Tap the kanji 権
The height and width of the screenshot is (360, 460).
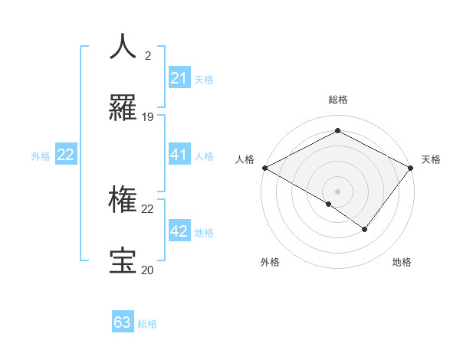(x=123, y=199)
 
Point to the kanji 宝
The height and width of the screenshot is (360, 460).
(x=123, y=260)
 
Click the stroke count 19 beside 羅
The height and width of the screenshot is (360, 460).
(x=148, y=117)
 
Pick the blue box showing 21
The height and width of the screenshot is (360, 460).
(x=179, y=78)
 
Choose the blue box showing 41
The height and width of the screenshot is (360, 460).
(x=179, y=155)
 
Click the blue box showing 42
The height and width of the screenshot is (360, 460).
(x=179, y=232)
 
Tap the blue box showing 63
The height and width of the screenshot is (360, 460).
(x=123, y=322)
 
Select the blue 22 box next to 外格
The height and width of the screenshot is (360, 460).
(x=65, y=155)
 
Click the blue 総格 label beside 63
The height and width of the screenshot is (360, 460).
(x=147, y=324)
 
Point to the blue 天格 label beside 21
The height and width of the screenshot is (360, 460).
(x=203, y=79)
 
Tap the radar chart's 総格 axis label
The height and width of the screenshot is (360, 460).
(x=338, y=100)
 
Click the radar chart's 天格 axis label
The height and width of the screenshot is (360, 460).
(x=431, y=159)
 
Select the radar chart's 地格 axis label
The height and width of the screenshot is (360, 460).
(x=402, y=262)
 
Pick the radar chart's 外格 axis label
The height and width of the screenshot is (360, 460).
(x=270, y=262)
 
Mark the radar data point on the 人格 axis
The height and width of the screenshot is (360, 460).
(x=264, y=168)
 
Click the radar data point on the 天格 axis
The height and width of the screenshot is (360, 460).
(x=412, y=168)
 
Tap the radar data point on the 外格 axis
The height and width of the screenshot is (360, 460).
(x=329, y=204)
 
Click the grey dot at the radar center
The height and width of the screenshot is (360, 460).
(x=338, y=191)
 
